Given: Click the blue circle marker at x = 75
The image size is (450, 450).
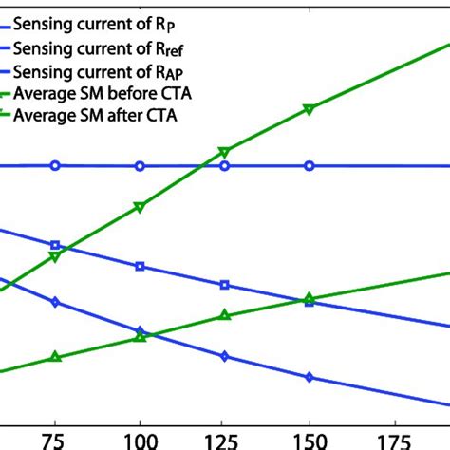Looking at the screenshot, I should click(x=55, y=165).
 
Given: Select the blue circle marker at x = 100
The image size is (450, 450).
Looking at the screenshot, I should click(x=140, y=166).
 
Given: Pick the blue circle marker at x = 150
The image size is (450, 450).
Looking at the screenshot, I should click(x=309, y=166).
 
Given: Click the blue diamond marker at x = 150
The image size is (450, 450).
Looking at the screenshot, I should click(x=309, y=377).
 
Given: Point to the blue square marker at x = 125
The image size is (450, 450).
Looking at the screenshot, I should click(x=224, y=284).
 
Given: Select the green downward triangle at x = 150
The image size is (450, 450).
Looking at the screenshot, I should click(x=309, y=110).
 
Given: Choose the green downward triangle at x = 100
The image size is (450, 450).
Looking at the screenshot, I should click(x=140, y=207).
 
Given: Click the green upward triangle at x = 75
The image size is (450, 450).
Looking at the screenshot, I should click(x=55, y=357).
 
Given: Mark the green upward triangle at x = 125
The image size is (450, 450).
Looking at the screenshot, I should click(x=224, y=315).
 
